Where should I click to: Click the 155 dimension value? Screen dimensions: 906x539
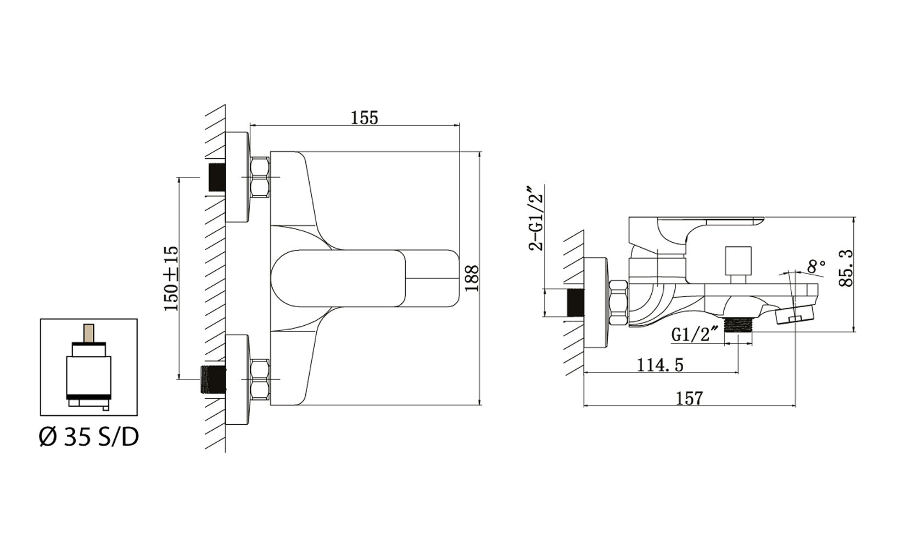tap(365, 118)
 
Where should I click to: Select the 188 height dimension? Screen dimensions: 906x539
tap(472, 278)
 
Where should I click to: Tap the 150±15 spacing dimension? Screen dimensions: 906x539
tap(172, 278)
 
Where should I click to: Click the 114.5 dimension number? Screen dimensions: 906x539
tap(660, 364)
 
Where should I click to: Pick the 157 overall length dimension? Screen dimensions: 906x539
tap(689, 398)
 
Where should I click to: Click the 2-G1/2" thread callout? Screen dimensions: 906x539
tap(536, 218)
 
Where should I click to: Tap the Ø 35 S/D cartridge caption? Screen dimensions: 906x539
tap(89, 437)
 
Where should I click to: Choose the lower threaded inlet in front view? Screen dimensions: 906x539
tap(214, 379)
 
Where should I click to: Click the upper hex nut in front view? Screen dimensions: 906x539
tap(260, 177)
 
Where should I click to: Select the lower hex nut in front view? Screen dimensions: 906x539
tap(260, 379)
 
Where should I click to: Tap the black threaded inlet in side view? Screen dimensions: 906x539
tap(574, 303)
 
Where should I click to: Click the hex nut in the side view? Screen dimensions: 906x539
tap(619, 303)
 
